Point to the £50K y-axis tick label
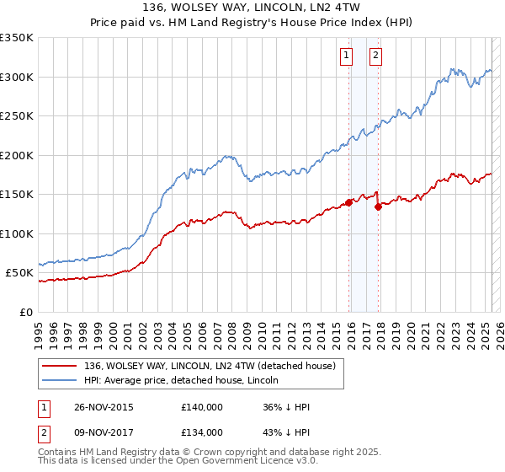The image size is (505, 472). [19, 273]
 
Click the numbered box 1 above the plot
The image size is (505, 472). [346, 56]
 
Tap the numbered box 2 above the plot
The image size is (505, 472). [375, 56]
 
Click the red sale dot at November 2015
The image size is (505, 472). [348, 202]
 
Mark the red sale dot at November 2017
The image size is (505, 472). [378, 206]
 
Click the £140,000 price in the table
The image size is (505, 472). [202, 407]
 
